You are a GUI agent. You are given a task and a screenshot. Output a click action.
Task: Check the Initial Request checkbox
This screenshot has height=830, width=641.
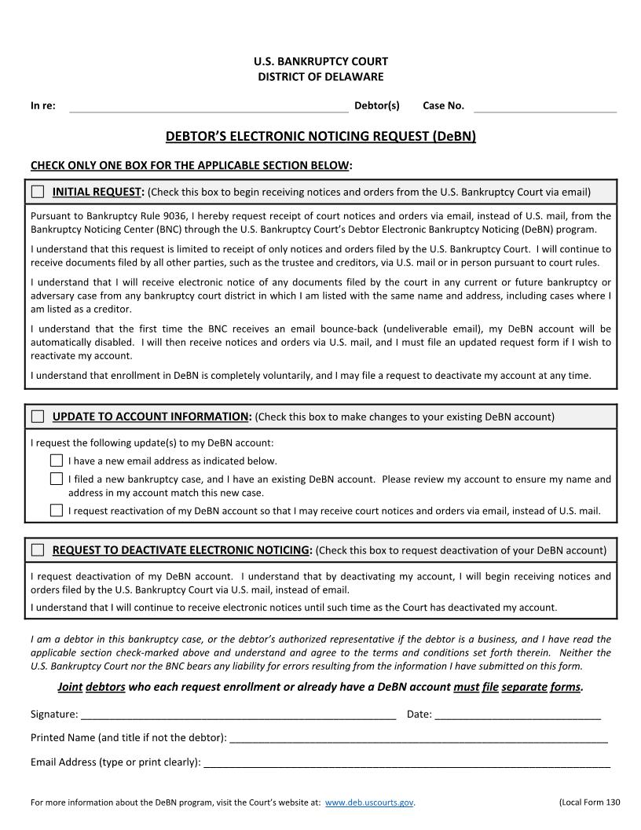(x=38, y=192)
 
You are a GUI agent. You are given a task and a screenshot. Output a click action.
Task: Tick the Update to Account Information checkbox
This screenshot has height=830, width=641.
(x=38, y=417)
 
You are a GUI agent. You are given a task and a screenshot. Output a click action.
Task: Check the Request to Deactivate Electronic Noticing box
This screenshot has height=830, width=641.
(x=38, y=550)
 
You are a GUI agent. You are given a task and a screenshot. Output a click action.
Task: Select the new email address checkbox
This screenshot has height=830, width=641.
(x=57, y=461)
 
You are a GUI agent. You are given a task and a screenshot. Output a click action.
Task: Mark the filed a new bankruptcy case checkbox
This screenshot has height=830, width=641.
(x=57, y=479)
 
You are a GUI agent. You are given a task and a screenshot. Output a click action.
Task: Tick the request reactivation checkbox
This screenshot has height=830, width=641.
(x=57, y=510)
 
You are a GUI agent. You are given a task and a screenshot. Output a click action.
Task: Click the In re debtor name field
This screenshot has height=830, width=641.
(x=208, y=107)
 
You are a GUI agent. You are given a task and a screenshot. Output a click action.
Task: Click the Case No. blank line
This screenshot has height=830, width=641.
(x=545, y=107)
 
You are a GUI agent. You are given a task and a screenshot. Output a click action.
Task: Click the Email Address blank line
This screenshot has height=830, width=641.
(x=406, y=763)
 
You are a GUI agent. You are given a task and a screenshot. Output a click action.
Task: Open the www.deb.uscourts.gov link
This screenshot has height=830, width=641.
(x=369, y=802)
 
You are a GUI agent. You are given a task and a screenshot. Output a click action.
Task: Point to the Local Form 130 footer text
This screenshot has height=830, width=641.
(x=589, y=802)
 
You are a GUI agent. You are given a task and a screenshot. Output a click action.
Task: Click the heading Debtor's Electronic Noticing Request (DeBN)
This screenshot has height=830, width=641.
(x=320, y=136)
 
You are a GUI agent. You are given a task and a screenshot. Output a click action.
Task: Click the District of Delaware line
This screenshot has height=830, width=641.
(x=320, y=76)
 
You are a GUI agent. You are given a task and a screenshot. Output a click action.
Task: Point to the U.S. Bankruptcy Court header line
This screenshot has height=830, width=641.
(x=320, y=61)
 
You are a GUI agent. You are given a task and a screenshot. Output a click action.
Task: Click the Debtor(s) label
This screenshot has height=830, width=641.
(x=377, y=105)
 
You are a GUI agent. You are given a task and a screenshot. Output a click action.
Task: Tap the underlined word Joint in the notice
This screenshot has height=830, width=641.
(x=70, y=687)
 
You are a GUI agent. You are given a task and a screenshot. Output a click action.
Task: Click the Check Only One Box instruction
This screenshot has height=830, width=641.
(x=191, y=165)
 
